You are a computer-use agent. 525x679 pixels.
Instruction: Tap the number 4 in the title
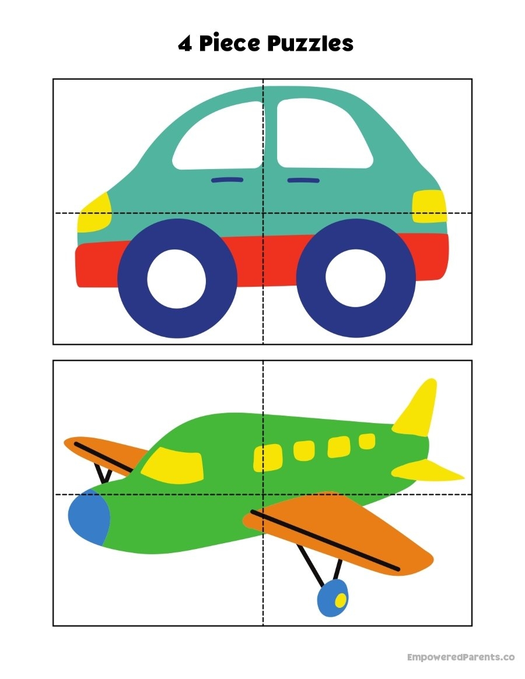click(x=185, y=44)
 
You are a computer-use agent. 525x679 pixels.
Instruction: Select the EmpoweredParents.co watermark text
click(x=460, y=657)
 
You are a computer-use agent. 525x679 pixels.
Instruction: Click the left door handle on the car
click(x=227, y=180)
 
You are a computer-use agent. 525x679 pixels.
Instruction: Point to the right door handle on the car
click(x=303, y=181)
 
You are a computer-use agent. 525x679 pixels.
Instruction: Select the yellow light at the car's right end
click(x=429, y=206)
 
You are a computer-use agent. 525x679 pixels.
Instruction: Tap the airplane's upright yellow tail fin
click(x=418, y=407)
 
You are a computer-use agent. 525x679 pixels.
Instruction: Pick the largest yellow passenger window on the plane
click(x=267, y=457)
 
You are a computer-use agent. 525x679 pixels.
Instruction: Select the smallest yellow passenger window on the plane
click(x=367, y=441)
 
